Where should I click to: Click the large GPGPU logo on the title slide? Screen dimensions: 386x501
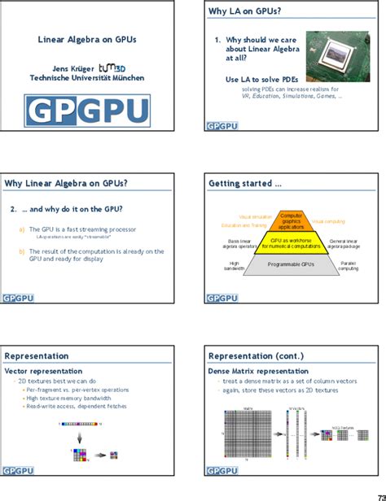coord(87,111)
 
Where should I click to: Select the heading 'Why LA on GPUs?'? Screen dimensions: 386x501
coord(243,12)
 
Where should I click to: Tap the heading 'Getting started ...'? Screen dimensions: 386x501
coord(245,184)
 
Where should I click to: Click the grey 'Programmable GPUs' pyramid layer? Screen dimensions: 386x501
coord(291,265)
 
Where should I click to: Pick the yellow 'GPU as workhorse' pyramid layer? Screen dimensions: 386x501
coord(291,242)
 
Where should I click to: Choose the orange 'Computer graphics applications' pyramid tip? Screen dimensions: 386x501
coord(291,220)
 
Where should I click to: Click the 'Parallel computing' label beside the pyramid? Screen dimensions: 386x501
coord(349,265)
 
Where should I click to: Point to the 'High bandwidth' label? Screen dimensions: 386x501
coord(234,265)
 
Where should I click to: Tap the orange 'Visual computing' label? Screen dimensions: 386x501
coord(328,221)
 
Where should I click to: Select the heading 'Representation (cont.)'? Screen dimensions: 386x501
coord(256,355)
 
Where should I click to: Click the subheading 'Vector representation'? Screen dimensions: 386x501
coord(43,370)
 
